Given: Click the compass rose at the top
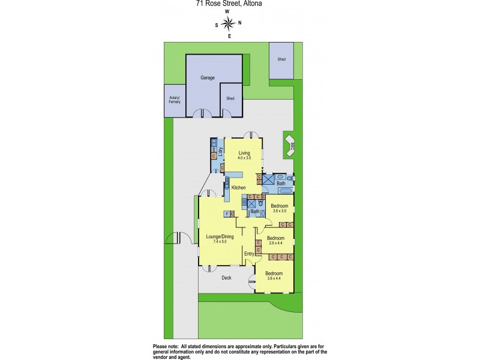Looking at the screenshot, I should pos(228,23).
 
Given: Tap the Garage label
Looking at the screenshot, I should pos(208,78).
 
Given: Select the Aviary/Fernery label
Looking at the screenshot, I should pos(174,100).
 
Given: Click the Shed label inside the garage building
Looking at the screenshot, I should pos(230,99).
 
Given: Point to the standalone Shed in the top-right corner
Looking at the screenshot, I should pos(281,60).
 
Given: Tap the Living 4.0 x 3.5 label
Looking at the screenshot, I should pos(244,155).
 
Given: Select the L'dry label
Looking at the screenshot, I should pos(221,151).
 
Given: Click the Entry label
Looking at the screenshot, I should pos(248,254).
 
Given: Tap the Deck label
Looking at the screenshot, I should pos(226,278).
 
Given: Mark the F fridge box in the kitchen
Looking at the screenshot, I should pos(226,214).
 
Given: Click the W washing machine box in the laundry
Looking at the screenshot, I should pos(214,149).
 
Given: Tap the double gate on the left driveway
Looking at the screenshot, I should pos(179,238).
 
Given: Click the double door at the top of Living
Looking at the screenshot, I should pos(251,134).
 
